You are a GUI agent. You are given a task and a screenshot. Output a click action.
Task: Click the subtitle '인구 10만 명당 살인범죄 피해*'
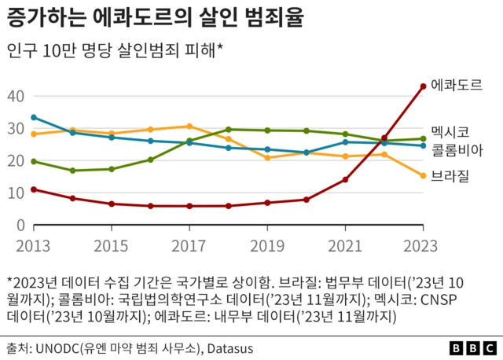[116, 52]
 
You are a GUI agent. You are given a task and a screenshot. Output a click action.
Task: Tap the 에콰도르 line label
[457, 84]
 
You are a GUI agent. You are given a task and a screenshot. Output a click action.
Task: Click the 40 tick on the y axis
[17, 96]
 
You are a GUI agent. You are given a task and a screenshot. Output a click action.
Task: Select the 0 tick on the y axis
[21, 226]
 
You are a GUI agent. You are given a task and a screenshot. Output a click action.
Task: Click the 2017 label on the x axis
[189, 246]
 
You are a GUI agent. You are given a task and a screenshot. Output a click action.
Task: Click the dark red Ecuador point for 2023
[424, 86]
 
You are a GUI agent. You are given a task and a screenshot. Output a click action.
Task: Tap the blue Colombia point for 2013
[34, 117]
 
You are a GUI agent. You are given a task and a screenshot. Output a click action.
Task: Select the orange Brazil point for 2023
[424, 176]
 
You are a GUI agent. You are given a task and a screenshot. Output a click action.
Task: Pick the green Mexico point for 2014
[72, 171]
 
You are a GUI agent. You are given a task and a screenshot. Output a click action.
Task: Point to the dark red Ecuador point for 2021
[345, 180]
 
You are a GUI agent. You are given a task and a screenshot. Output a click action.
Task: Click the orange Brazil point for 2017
[189, 126]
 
